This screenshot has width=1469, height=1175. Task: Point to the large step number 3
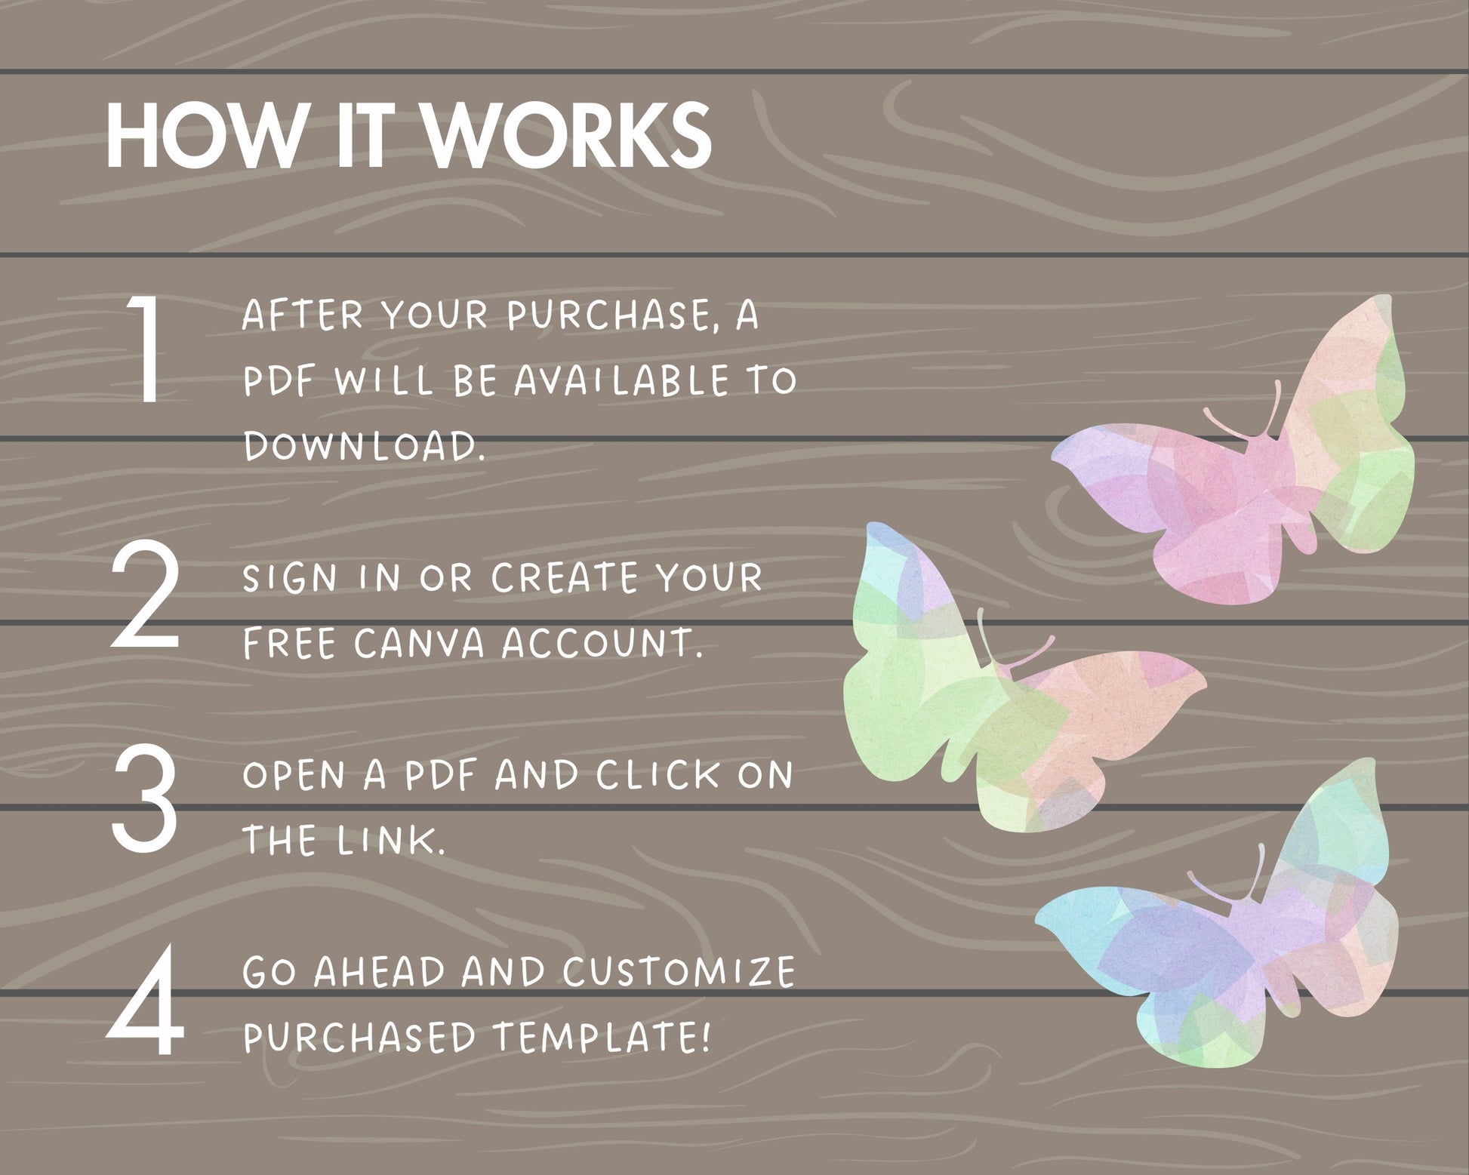pos(145,798)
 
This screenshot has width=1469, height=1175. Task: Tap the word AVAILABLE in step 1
pos(621,380)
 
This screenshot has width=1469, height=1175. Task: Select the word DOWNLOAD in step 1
pos(363,445)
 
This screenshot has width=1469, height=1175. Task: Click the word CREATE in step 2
pos(565,578)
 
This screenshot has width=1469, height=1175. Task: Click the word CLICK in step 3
pos(658,775)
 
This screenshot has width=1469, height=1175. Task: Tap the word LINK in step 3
pos(392,841)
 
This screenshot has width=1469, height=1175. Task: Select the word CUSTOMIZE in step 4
pos(679,972)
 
